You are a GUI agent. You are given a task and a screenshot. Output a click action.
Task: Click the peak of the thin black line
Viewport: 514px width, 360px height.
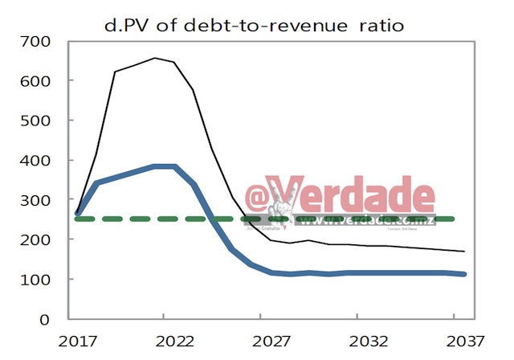coord(154,58)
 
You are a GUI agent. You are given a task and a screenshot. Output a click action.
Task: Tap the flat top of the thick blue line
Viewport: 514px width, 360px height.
coord(164,166)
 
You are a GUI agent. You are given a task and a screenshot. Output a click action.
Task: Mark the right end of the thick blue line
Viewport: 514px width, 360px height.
coord(463,274)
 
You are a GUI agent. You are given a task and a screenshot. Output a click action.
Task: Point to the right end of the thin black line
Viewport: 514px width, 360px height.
coord(463,252)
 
